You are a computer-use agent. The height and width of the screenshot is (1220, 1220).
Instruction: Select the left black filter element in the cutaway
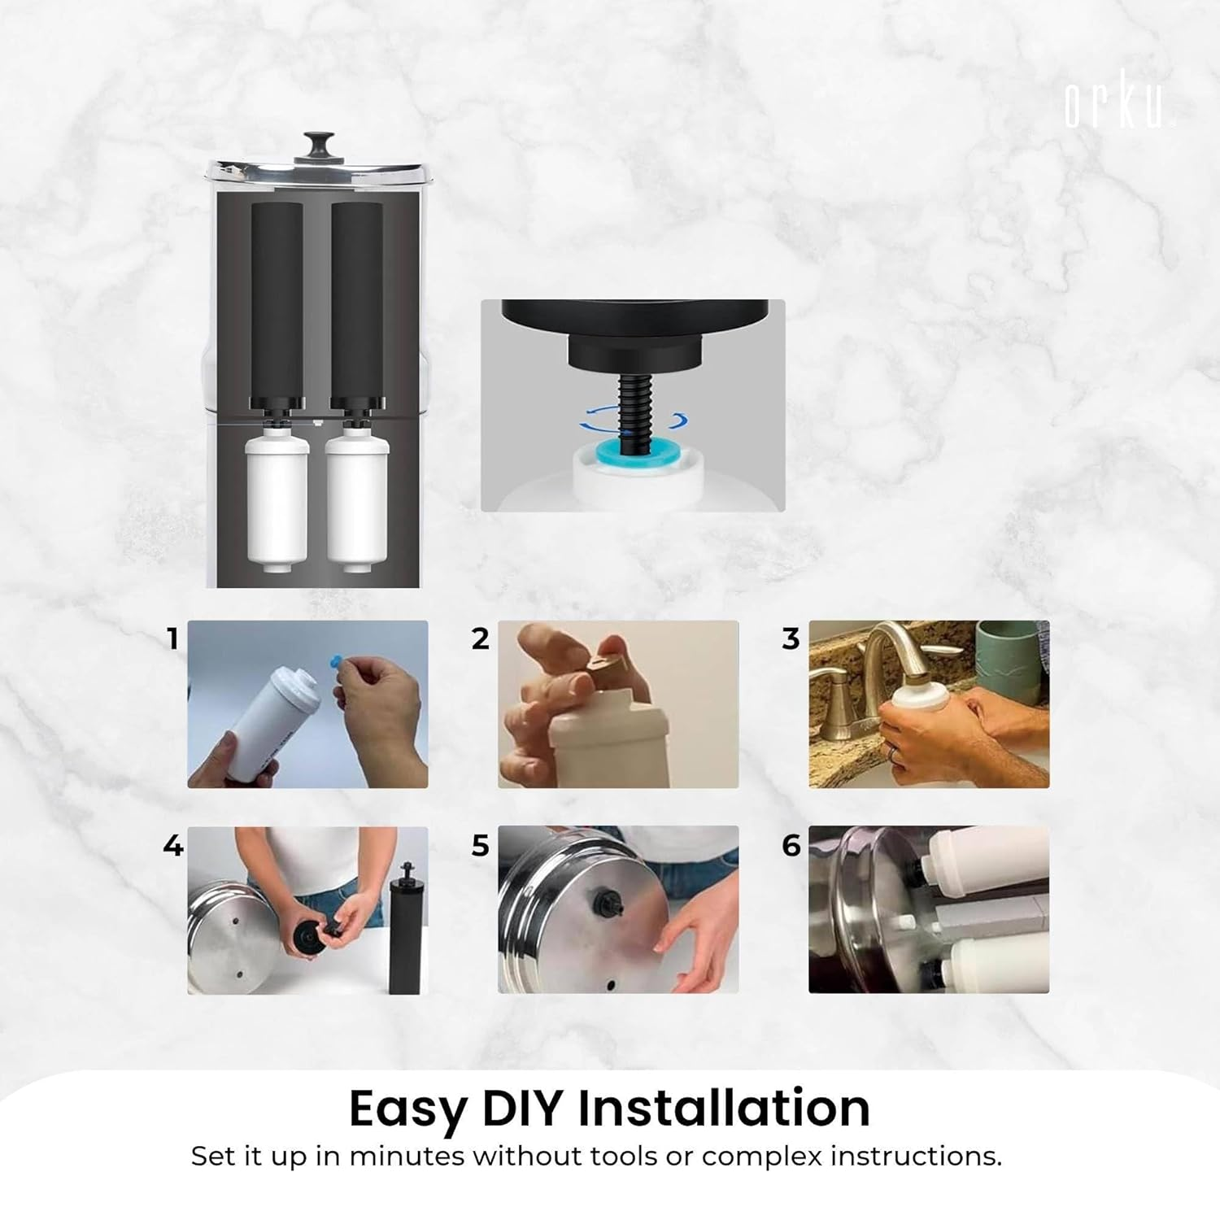(277, 301)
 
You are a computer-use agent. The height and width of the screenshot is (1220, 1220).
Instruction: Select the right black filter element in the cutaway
(358, 301)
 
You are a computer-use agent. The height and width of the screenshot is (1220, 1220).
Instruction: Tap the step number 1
(172, 639)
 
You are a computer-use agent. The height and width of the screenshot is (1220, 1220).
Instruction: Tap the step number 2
(481, 639)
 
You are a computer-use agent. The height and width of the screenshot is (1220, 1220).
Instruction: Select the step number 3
(791, 639)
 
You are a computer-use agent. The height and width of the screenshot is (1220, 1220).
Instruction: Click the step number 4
(172, 846)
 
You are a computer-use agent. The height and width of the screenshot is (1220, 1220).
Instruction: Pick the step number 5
(481, 846)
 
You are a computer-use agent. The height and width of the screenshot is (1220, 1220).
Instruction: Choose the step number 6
(791, 846)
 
